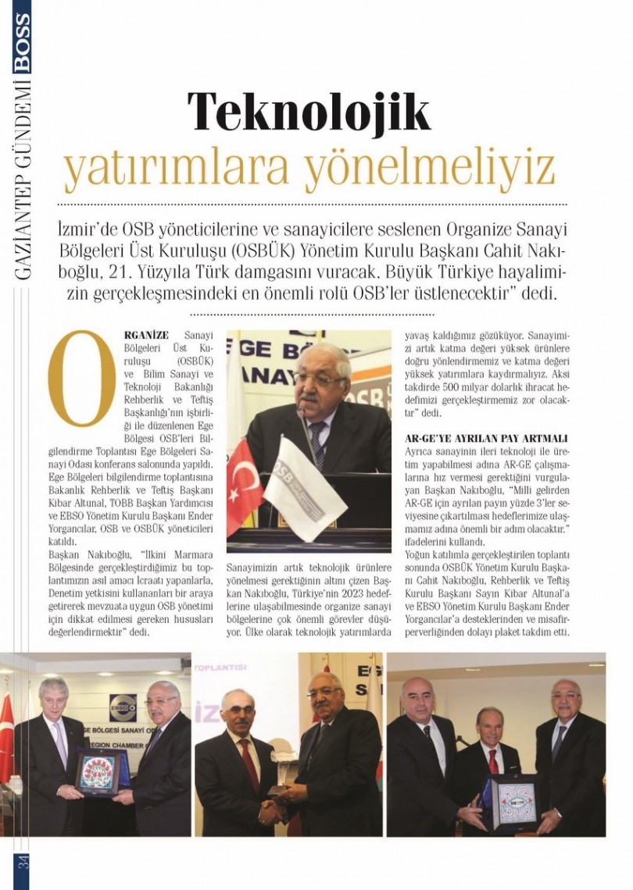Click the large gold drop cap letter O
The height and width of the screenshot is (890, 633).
[80, 379]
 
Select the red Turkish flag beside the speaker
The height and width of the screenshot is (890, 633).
[243, 484]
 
